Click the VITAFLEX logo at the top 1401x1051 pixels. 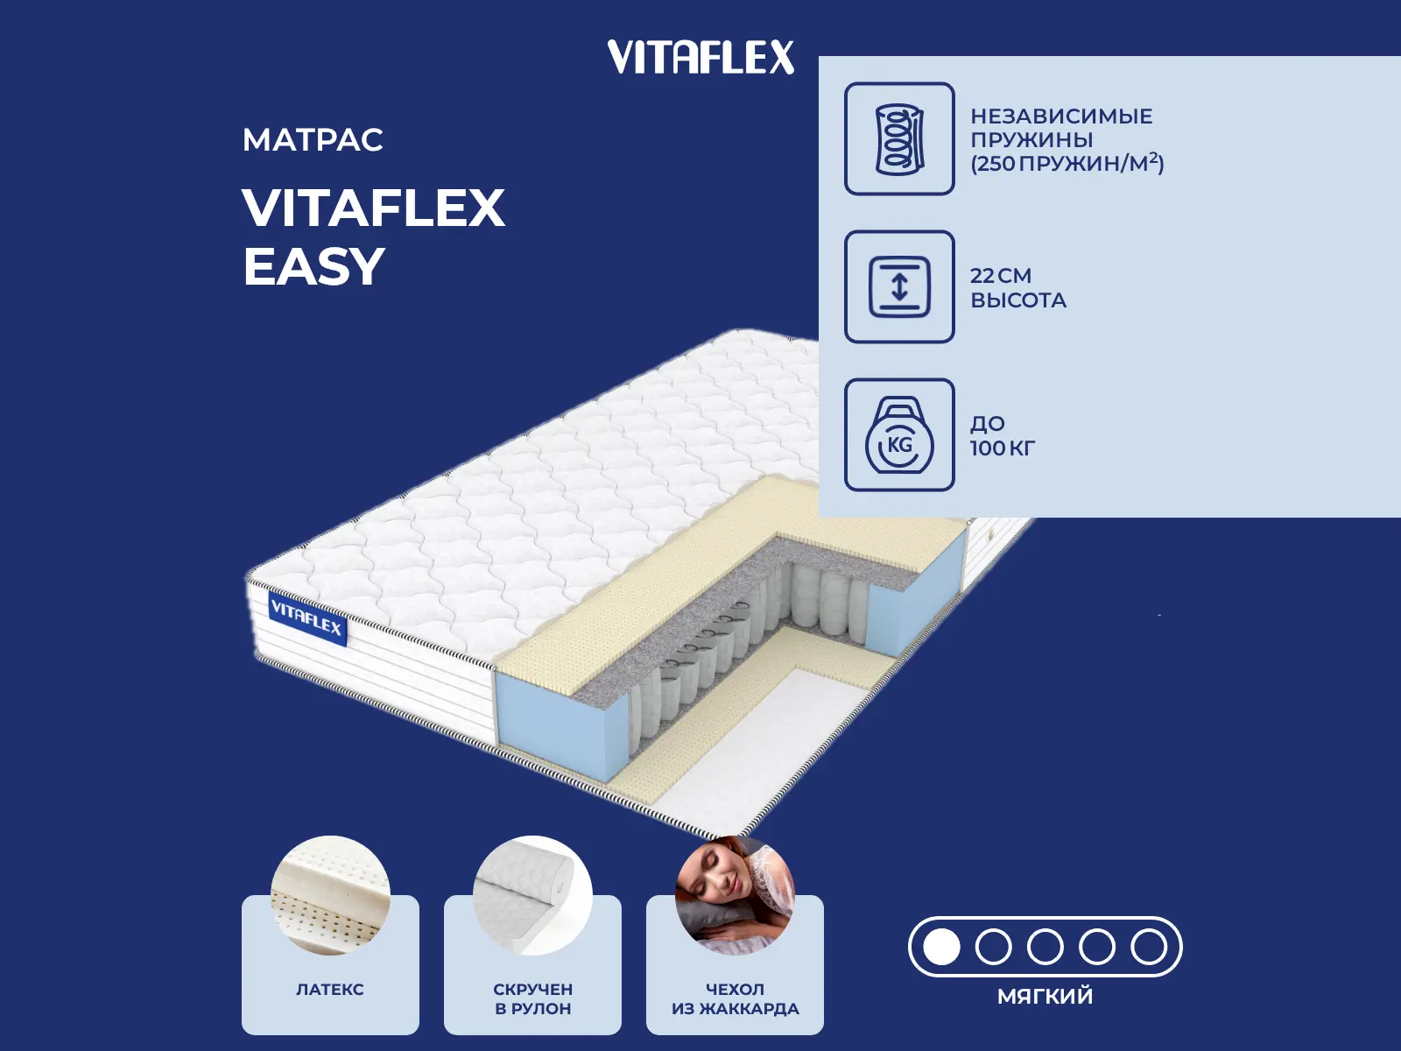[700, 57]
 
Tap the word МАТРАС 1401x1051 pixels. [313, 140]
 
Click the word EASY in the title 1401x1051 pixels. [313, 266]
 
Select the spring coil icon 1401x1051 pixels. [899, 139]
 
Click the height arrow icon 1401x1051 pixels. [899, 287]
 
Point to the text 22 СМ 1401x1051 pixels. [1000, 276]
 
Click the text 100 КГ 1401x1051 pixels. [1002, 448]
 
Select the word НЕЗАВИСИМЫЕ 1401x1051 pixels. [1061, 116]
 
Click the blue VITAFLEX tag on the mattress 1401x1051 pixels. [307, 618]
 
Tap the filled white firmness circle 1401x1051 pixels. [941, 947]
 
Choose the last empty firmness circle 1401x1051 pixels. [1149, 947]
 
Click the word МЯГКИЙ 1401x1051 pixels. [1045, 996]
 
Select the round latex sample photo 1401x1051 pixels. [330, 895]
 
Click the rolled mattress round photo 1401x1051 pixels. [532, 895]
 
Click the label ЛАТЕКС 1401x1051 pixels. [330, 990]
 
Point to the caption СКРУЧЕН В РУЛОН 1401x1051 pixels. [532, 998]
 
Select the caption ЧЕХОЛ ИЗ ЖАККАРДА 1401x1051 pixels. [735, 998]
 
